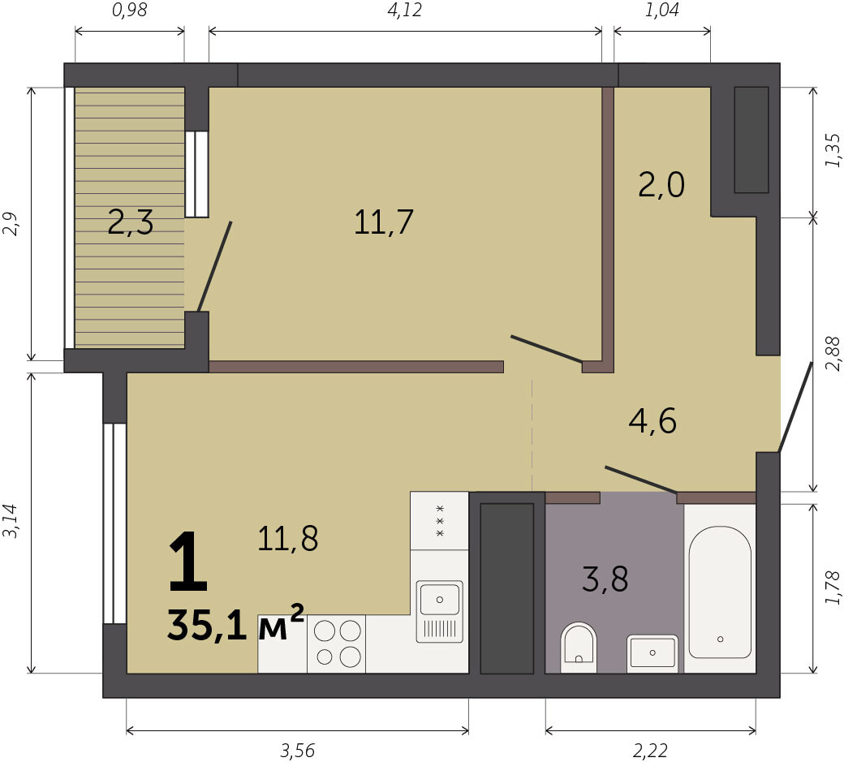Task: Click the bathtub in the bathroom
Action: (720, 592)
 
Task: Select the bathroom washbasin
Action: (652, 653)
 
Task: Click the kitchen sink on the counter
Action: (439, 611)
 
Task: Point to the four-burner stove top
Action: (337, 644)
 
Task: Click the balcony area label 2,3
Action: (131, 223)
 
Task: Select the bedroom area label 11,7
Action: (383, 222)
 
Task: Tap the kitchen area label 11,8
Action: (288, 538)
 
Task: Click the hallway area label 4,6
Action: (652, 421)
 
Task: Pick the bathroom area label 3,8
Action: (605, 579)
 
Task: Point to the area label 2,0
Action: (661, 184)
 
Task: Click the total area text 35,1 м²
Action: (236, 623)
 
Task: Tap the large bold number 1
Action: (187, 562)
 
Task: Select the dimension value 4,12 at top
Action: (404, 11)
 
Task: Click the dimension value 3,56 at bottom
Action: (297, 750)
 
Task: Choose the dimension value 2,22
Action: (650, 750)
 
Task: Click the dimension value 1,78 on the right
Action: (832, 588)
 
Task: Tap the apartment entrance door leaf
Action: (795, 407)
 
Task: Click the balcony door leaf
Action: (215, 266)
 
